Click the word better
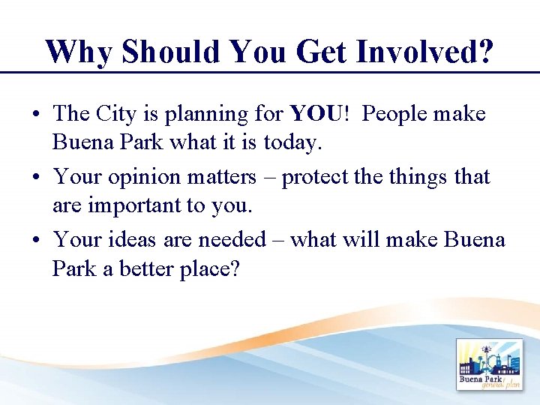pos(146,268)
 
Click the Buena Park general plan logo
pos(489,365)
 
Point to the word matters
pos(221,177)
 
